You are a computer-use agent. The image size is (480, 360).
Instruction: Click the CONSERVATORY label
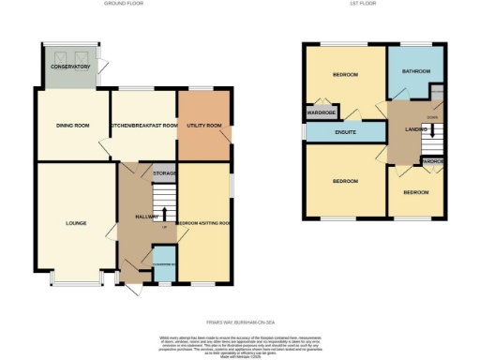[x=70, y=67]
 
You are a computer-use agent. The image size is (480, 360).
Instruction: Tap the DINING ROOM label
[x=71, y=126]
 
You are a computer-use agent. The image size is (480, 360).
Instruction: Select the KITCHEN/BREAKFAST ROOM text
[x=143, y=126]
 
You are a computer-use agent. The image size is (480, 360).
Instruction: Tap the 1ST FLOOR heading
[x=370, y=5]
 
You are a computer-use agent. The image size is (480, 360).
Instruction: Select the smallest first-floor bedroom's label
[x=415, y=191]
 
